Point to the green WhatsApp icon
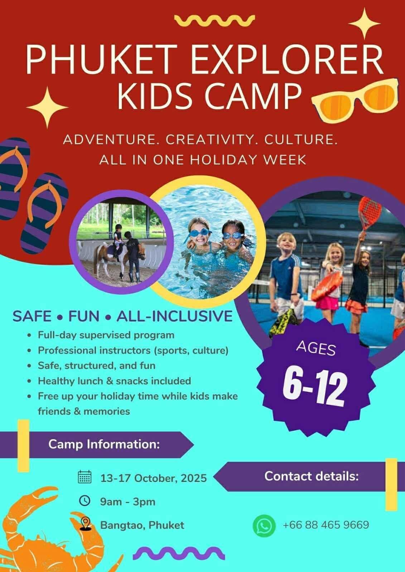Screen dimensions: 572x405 point(264,525)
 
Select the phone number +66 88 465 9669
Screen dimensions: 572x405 point(326,525)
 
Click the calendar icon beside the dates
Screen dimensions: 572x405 point(85,477)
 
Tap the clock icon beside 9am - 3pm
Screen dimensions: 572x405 point(85,500)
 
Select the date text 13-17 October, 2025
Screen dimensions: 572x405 point(153,478)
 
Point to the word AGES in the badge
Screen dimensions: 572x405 point(316,349)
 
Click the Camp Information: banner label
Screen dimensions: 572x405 point(104,444)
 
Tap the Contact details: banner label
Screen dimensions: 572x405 point(312,476)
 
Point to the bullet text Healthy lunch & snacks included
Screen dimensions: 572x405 point(114,381)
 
